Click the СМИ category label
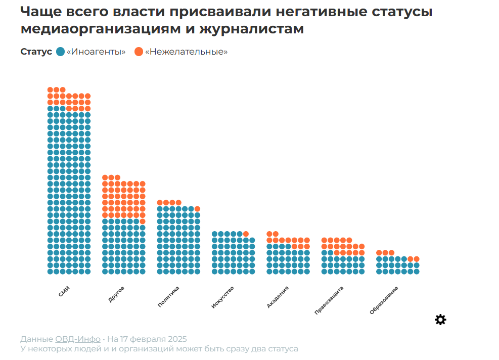[64, 292]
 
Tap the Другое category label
[116, 294]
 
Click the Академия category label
[278, 297]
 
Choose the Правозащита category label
[329, 300]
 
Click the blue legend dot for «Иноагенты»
[60, 52]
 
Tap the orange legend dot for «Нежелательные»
[139, 52]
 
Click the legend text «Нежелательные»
[186, 52]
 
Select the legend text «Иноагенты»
[96, 52]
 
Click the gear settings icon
[440, 320]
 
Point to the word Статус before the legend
[36, 52]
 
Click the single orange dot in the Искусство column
[246, 234]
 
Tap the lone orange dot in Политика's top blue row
[197, 209]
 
